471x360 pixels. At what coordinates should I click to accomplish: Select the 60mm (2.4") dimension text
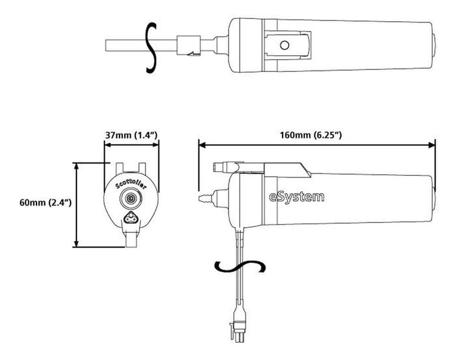(x=45, y=202)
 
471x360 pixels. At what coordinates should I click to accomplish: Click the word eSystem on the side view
(x=297, y=196)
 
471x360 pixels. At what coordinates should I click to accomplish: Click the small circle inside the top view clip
(x=285, y=45)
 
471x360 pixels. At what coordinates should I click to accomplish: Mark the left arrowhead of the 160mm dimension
(x=201, y=144)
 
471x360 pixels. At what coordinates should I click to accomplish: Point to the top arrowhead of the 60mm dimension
(x=77, y=165)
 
